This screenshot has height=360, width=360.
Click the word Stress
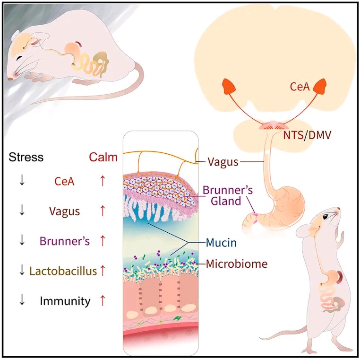click(x=26, y=157)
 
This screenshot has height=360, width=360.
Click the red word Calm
click(x=103, y=157)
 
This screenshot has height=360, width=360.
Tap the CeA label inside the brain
click(x=300, y=87)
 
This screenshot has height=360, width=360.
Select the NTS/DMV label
click(x=307, y=135)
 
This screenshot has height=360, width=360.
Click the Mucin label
click(x=221, y=243)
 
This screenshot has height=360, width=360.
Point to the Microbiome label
click(x=237, y=263)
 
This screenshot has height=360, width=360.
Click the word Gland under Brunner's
click(x=226, y=201)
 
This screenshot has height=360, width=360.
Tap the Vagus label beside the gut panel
click(x=223, y=162)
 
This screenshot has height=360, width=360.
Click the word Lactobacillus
click(x=63, y=271)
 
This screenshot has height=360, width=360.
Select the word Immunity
click(x=65, y=301)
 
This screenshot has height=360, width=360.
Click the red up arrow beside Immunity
click(x=103, y=301)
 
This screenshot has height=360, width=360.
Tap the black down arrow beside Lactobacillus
click(x=22, y=270)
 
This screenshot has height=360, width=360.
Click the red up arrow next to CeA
click(x=103, y=181)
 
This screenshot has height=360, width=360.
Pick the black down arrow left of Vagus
click(x=22, y=210)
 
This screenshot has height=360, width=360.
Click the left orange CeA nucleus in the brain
click(x=229, y=86)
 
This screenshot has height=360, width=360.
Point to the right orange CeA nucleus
click(x=319, y=86)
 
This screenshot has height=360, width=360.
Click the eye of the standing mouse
click(x=326, y=217)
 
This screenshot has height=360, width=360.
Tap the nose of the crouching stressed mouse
click(x=10, y=79)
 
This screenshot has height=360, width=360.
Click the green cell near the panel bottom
click(x=177, y=318)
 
